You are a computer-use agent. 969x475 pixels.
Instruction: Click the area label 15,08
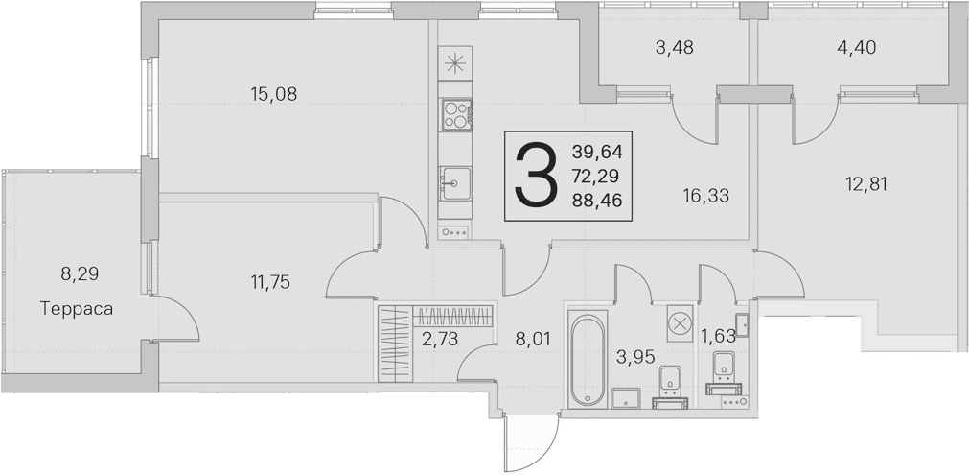pos(274,94)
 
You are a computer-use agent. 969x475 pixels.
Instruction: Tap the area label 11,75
pos(270,283)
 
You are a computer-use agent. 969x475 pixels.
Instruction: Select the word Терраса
pos(77,309)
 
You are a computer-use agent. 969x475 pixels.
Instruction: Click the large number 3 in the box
pos(535,176)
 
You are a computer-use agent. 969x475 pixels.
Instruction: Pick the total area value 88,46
pos(597,201)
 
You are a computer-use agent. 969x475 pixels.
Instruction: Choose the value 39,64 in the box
pos(597,152)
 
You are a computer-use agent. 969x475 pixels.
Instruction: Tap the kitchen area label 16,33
pos(706,196)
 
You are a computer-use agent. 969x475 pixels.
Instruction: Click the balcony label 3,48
pos(674,48)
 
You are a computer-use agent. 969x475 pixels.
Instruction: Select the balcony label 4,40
pos(855,48)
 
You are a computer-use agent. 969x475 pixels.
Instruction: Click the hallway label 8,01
pos(532,339)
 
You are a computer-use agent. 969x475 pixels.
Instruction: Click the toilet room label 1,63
pos(718,336)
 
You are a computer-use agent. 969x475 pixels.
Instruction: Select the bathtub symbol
pos(588,360)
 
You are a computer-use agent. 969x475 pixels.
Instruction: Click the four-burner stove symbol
pos(456,114)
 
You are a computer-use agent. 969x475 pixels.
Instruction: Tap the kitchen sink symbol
pos(455,183)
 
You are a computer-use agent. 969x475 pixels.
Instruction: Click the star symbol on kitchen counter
pos(455,63)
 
